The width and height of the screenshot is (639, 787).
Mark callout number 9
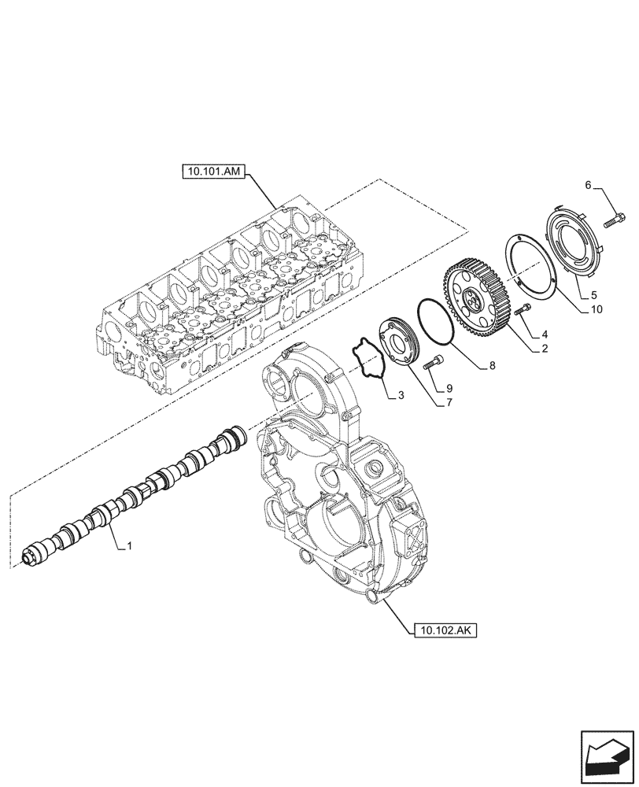pos(450,387)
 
